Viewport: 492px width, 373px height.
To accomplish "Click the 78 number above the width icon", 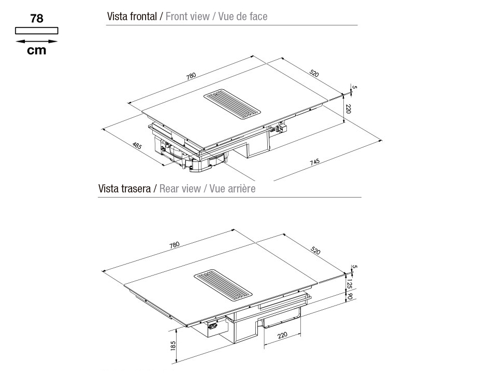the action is (37, 19).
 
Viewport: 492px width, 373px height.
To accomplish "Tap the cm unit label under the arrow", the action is (36, 50).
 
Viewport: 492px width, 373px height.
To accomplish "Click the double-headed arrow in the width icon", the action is (36, 41).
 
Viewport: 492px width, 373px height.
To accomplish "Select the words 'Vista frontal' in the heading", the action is (132, 16).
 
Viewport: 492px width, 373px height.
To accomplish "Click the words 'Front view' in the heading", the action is (187, 16).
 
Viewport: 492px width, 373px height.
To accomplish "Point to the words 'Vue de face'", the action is (242, 16).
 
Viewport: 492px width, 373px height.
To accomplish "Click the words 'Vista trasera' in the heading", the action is (124, 188).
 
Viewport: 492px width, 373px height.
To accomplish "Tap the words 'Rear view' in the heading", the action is (180, 188).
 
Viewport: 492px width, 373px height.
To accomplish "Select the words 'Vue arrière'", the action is (232, 188).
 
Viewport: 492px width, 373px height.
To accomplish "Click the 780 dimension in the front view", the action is (191, 76).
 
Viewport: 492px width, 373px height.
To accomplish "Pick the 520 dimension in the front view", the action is (314, 73).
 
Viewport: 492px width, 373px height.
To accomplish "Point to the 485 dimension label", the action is (137, 146).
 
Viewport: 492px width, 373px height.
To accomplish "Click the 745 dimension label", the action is (315, 162).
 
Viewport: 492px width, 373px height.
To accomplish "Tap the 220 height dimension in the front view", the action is (348, 109).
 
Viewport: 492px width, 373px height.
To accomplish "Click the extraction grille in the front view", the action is (232, 104).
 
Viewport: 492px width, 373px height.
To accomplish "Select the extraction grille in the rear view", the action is (223, 285).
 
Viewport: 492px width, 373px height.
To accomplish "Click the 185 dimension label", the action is (173, 346).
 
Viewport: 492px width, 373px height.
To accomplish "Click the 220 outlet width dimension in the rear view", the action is (282, 335).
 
